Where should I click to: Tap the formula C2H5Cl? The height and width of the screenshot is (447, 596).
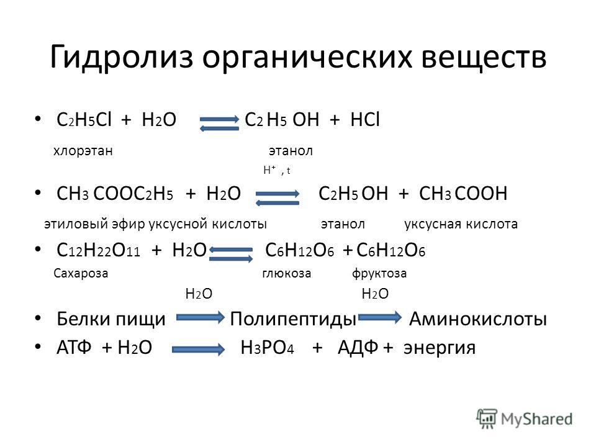(x=84, y=120)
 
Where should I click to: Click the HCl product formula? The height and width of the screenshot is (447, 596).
(x=365, y=119)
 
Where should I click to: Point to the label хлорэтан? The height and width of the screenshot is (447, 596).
(x=83, y=151)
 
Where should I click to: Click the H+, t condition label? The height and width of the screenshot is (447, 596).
(x=277, y=170)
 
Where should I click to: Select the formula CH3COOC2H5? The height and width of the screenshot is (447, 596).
(x=115, y=194)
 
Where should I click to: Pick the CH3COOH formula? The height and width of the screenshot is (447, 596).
(x=463, y=194)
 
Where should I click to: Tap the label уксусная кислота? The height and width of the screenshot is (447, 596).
(x=461, y=224)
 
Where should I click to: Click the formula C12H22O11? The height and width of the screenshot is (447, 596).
(x=98, y=250)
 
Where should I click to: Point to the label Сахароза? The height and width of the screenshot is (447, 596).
(x=81, y=273)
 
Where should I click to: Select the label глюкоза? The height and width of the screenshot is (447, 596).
(x=287, y=273)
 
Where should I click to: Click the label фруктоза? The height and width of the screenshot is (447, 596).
(x=379, y=274)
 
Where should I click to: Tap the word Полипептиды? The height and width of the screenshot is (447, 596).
(x=293, y=319)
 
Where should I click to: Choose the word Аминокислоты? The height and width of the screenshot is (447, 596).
(x=478, y=318)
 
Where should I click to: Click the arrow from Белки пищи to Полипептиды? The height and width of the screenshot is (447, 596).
(x=201, y=317)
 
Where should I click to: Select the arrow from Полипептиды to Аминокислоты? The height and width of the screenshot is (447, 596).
(x=380, y=317)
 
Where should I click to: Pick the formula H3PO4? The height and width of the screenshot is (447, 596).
(x=267, y=348)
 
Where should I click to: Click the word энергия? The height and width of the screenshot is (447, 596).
(x=440, y=348)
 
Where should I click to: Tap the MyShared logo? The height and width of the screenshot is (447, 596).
(x=525, y=419)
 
